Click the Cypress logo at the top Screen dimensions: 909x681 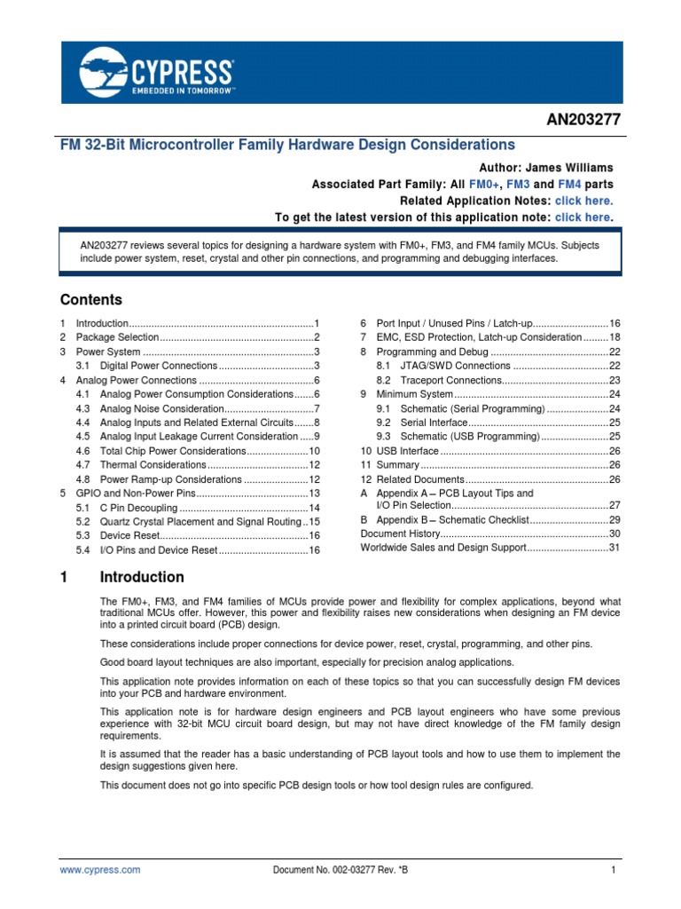[x=157, y=72]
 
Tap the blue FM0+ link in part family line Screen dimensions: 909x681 [x=484, y=185]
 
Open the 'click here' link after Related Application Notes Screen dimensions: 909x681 [x=583, y=201]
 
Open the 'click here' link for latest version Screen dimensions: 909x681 [x=583, y=217]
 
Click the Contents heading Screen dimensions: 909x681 [x=90, y=299]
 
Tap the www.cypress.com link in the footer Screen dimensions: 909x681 [x=100, y=871]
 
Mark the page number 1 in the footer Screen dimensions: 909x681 [x=613, y=871]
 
